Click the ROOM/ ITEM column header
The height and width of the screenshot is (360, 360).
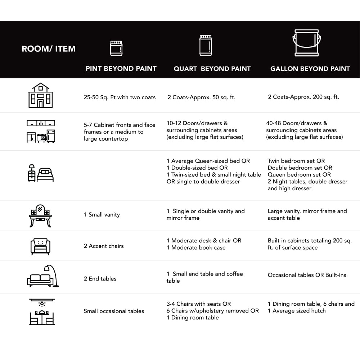pyautogui.click(x=49, y=49)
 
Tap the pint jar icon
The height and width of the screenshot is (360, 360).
pyautogui.click(x=116, y=48)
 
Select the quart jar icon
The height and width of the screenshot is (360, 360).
pyautogui.click(x=206, y=45)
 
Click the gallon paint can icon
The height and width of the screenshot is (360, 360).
pyautogui.click(x=307, y=43)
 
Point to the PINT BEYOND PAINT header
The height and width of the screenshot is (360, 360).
pyautogui.click(x=121, y=69)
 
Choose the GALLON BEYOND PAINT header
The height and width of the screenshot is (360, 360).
pyautogui.click(x=310, y=69)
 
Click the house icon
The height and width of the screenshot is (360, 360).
pyautogui.click(x=41, y=95)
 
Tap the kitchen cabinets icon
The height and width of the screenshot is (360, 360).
pyautogui.click(x=41, y=131)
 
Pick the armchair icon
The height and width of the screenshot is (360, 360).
pyautogui.click(x=40, y=246)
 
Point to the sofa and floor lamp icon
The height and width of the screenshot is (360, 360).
pyautogui.click(x=43, y=276)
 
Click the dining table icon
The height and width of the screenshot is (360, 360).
pyautogui.click(x=42, y=312)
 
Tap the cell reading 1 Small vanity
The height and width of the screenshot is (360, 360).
pyautogui.click(x=102, y=215)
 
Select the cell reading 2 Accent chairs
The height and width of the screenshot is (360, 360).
pyautogui.click(x=104, y=246)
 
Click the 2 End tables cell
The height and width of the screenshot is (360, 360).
pyautogui.click(x=100, y=279)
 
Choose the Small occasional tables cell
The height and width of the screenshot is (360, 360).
pyautogui.click(x=114, y=311)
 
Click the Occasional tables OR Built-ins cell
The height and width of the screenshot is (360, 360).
pyautogui.click(x=307, y=275)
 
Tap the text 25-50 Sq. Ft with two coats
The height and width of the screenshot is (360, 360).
pyautogui.click(x=120, y=97)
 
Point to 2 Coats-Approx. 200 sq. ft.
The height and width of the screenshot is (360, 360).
pyautogui.click(x=303, y=97)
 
